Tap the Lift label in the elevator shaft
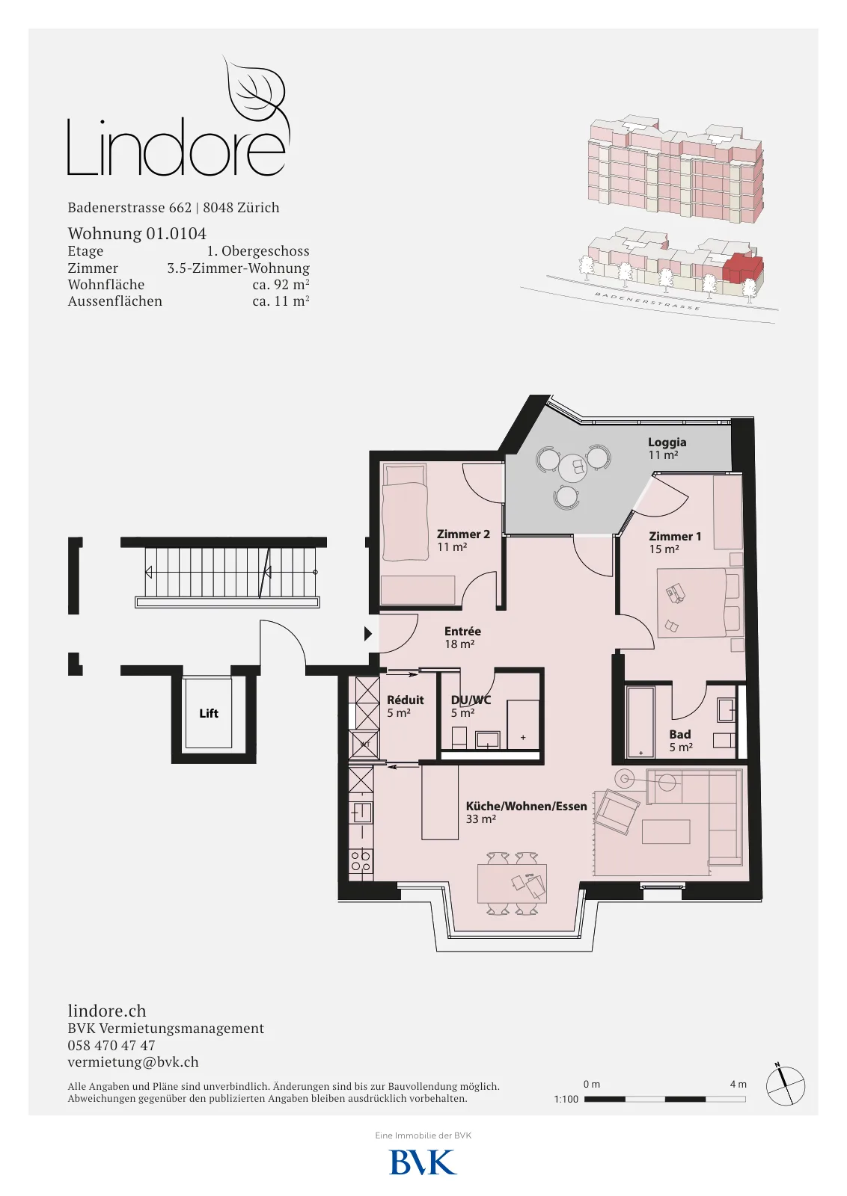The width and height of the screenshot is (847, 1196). pos(209,713)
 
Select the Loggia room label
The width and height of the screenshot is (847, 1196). pos(667,442)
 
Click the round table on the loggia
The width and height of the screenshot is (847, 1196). pos(573,468)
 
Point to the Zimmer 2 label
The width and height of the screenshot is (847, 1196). pos(463,534)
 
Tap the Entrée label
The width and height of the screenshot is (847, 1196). pos(462,631)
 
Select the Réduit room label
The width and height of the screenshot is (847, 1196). pos(405,700)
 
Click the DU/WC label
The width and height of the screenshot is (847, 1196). pos(471,700)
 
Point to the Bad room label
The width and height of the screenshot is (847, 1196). pos(679,735)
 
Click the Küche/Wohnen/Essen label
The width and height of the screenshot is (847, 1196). pos(526,807)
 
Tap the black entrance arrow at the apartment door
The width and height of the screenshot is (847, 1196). pos(367,634)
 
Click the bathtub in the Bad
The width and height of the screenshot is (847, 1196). pos(640,721)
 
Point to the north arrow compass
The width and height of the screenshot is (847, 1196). pos(785,1086)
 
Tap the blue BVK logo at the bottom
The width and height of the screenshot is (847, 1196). pos(423,1162)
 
